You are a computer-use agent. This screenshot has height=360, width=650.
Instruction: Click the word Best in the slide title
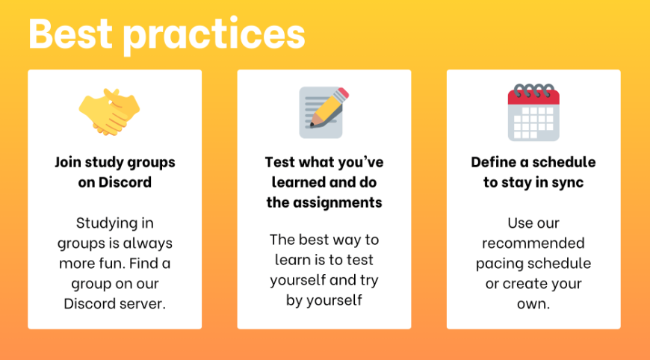tap(70, 33)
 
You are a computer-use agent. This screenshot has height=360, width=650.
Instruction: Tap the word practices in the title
tap(214, 36)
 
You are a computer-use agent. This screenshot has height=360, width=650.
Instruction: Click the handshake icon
tap(109, 112)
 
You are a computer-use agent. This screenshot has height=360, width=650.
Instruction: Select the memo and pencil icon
tap(324, 112)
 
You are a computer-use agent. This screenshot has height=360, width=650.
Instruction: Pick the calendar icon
tap(533, 112)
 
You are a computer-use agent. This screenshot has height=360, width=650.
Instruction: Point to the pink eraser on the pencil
tap(344, 93)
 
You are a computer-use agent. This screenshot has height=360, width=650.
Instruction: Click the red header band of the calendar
tap(533, 97)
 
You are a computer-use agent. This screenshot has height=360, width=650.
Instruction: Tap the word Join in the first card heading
tap(68, 162)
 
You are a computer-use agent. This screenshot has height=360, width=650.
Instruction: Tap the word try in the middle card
tap(369, 281)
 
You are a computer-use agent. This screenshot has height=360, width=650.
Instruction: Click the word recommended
tap(533, 243)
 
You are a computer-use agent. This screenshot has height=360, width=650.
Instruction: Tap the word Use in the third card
tap(519, 223)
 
